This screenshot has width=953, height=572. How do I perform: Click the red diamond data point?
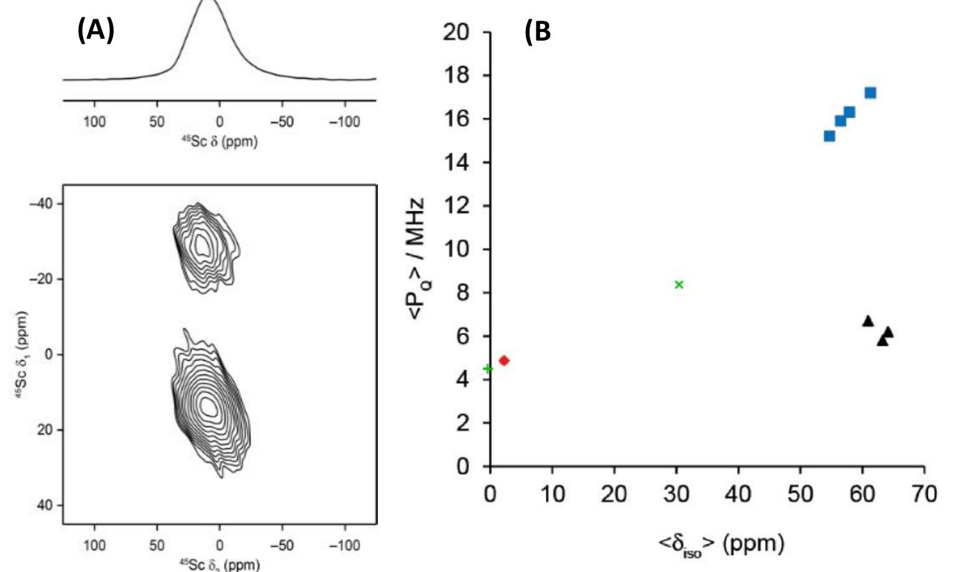coord(504,361)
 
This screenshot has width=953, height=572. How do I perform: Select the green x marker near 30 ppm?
coord(679,285)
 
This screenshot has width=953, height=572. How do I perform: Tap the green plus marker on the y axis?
coord(488,369)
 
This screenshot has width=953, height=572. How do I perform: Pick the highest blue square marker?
coord(870,93)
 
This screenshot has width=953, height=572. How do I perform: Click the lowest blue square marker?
coord(829,136)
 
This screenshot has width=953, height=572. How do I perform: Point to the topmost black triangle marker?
coord(867,321)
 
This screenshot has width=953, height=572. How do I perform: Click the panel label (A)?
coord(96,29)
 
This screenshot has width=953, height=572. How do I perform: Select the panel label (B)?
coord(538,31)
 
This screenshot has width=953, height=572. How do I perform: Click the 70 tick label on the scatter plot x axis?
coord(924,494)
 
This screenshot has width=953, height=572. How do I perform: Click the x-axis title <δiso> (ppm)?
coord(721,544)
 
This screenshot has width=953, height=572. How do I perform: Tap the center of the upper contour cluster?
coord(201,245)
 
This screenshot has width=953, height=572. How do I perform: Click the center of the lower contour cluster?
coord(209,406)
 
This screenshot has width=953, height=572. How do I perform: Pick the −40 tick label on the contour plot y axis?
coord(42,204)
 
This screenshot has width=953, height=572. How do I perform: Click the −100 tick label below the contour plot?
coord(344,546)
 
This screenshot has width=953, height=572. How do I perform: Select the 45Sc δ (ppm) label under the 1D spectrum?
coord(219,141)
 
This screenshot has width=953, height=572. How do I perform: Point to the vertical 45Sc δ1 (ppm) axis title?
coord(22,354)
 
